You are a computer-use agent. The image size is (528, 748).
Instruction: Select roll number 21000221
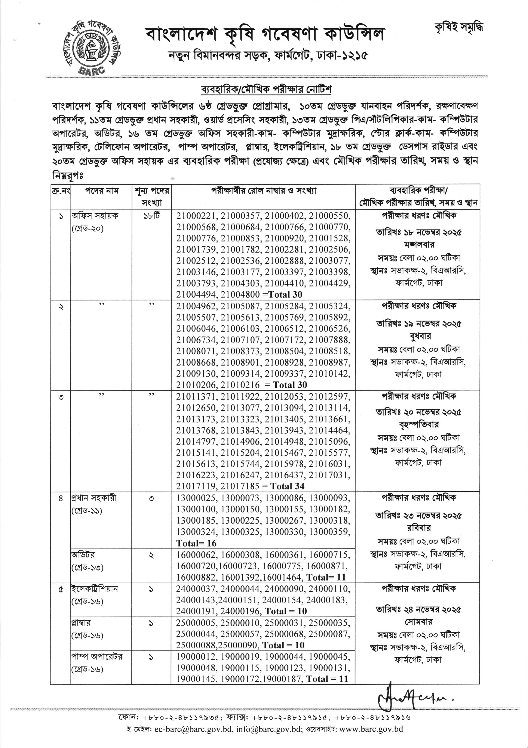[x=197, y=216]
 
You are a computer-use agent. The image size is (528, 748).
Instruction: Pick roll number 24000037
[x=197, y=589]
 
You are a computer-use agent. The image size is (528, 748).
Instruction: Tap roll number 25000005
[x=197, y=623]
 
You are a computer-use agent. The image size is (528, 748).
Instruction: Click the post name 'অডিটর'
[x=83, y=554]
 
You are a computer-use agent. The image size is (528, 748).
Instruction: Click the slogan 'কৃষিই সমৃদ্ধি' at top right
[x=459, y=28]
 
